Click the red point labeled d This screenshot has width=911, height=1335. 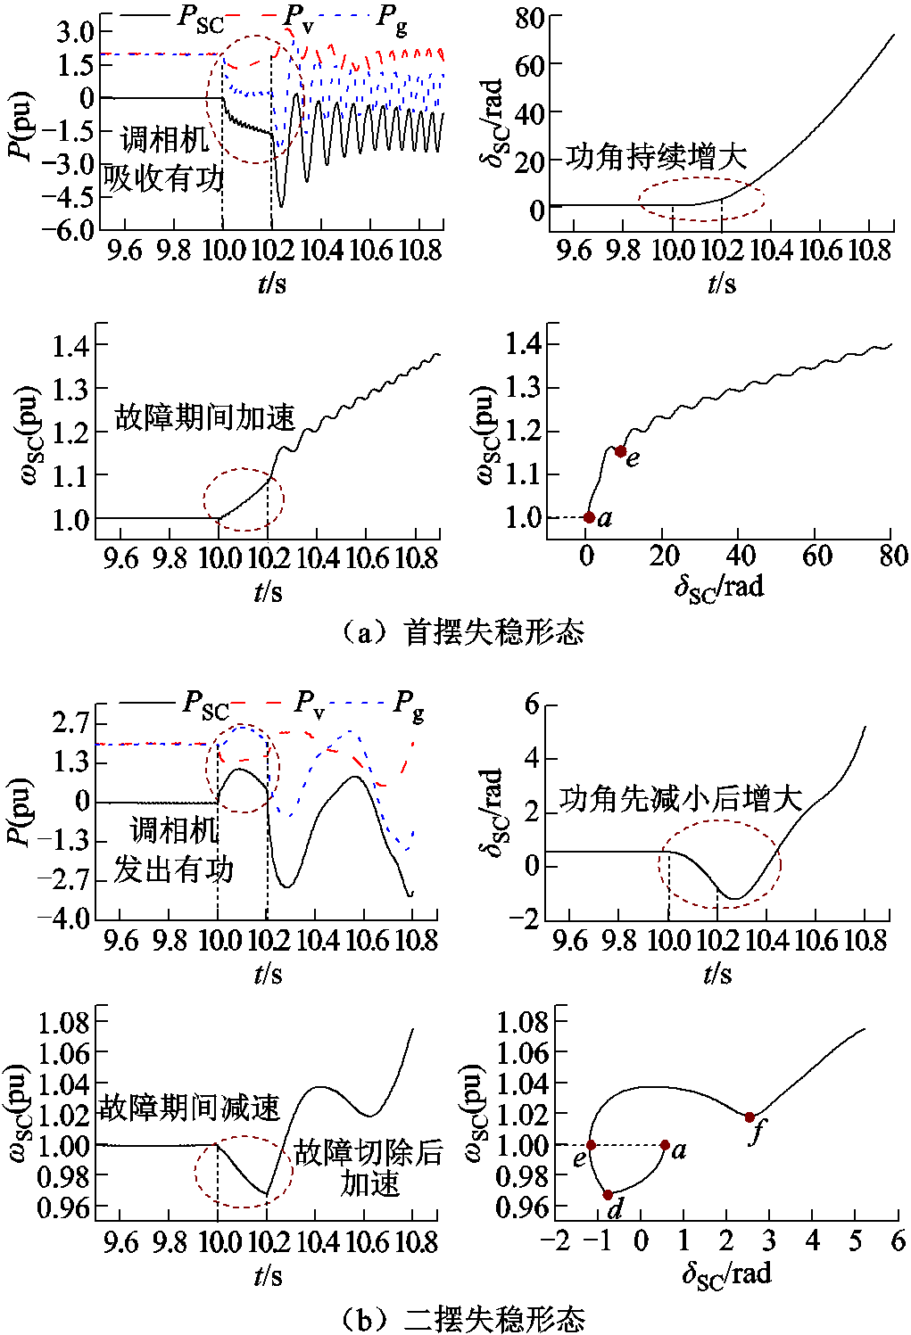[x=608, y=1194]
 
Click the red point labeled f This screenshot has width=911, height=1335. [x=750, y=1117]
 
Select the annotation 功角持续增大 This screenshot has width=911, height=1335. [x=656, y=157]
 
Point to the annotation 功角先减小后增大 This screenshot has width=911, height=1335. [x=681, y=798]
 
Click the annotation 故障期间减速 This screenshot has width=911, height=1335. [x=189, y=1108]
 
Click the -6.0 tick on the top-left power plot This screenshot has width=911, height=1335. [x=75, y=229]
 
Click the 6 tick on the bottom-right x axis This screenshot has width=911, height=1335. [x=898, y=1241]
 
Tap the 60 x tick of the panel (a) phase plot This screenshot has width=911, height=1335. [x=816, y=556]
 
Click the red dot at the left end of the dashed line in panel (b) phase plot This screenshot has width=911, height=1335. [x=591, y=1145]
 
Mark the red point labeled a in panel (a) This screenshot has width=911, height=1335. [x=589, y=517]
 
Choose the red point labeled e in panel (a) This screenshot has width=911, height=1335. [x=621, y=451]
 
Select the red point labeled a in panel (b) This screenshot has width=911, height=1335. [x=665, y=1145]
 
